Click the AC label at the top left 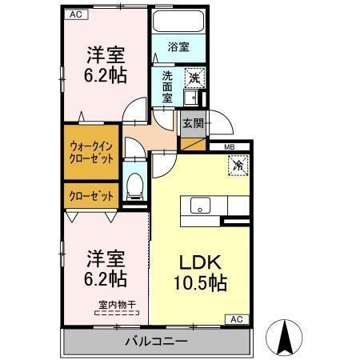click(74, 14)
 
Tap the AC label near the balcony click(237, 318)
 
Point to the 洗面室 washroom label click(167, 86)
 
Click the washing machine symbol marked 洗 click(193, 78)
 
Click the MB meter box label click(229, 146)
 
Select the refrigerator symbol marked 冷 click(238, 166)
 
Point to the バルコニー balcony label click(155, 342)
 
